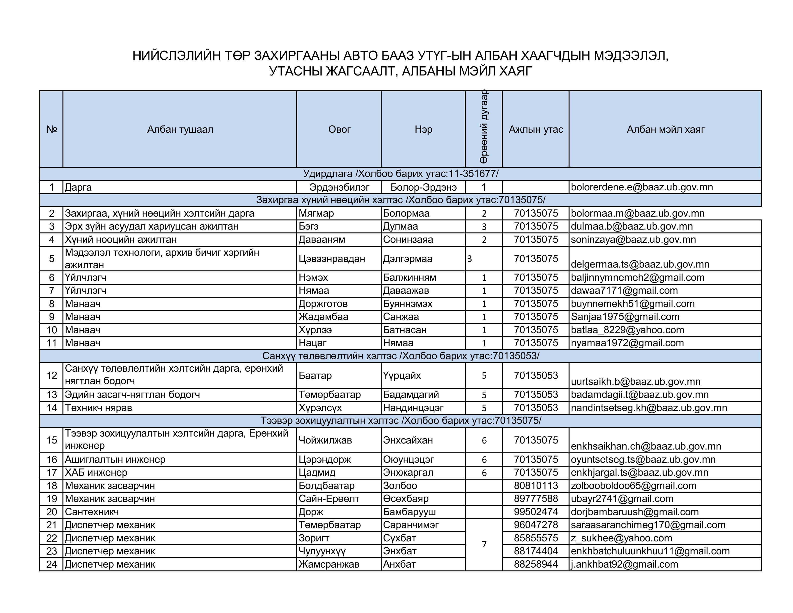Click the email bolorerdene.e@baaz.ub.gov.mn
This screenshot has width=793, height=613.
(x=642, y=188)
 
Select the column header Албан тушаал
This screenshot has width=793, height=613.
(x=180, y=130)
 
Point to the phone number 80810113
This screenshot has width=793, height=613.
(x=536, y=486)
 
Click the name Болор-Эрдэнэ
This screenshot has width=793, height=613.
(x=423, y=188)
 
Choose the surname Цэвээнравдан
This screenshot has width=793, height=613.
(x=332, y=259)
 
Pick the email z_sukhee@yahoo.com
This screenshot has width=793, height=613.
(x=621, y=538)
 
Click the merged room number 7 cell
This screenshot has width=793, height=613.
(x=484, y=544)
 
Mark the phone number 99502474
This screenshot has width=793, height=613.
(x=536, y=512)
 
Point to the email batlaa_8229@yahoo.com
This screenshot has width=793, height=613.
(x=627, y=330)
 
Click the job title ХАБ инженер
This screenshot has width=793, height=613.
(x=96, y=472)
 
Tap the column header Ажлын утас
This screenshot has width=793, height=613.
(x=536, y=130)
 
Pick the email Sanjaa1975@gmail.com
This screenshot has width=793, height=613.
(x=625, y=317)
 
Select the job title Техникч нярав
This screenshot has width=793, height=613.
(x=98, y=408)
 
